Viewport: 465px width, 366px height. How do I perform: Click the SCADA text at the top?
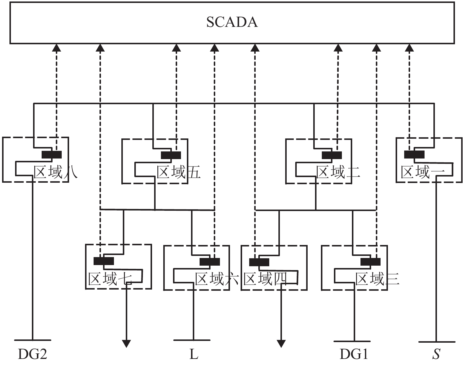(x=232, y=22)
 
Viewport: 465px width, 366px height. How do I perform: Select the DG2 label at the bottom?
(x=32, y=354)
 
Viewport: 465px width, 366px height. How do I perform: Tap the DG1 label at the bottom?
(x=354, y=354)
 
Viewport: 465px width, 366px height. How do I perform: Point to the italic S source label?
(x=436, y=354)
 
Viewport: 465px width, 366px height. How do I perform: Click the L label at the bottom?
(x=193, y=354)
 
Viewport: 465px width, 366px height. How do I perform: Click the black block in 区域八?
(x=52, y=155)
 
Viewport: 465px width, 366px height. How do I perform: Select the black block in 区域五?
(x=171, y=155)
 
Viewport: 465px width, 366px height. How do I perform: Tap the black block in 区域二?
(x=332, y=155)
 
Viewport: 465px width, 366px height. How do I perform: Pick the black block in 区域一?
(x=414, y=154)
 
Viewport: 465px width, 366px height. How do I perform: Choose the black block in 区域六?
(x=210, y=262)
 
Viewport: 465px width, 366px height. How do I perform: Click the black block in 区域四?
(x=259, y=262)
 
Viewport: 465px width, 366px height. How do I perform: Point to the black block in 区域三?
(x=371, y=262)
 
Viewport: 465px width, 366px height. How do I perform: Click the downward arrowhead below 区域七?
(x=126, y=344)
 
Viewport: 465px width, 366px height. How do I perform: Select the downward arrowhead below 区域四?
(x=281, y=344)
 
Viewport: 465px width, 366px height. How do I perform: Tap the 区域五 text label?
(x=178, y=172)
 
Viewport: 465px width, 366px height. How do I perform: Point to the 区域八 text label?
(x=56, y=172)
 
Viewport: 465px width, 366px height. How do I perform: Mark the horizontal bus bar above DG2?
(x=32, y=340)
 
